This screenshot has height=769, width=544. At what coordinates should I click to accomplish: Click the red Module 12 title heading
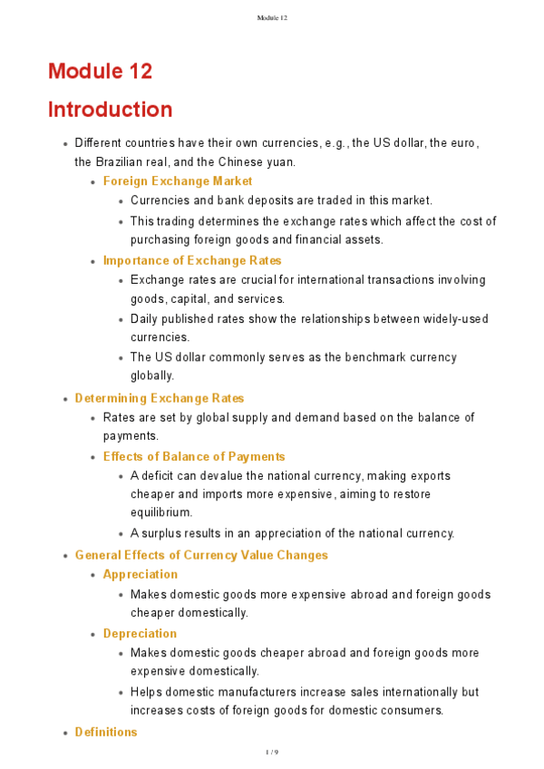(100, 71)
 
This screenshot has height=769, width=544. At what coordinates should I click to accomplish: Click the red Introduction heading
(110, 110)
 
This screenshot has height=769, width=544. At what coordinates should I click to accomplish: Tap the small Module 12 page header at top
(272, 17)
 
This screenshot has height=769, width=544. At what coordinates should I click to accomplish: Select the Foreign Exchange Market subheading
(178, 181)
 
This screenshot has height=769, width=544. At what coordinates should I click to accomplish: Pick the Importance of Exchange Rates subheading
(192, 260)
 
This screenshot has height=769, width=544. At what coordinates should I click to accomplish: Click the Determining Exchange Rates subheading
(160, 398)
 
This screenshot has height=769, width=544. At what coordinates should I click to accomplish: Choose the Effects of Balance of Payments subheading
(194, 456)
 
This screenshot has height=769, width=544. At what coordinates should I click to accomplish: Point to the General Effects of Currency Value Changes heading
(201, 555)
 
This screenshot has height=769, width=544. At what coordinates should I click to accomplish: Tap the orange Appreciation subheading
(141, 574)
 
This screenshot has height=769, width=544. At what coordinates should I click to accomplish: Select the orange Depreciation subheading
(140, 633)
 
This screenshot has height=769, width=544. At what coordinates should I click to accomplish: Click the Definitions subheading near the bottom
(106, 732)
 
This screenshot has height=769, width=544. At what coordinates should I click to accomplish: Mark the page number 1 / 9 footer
(272, 753)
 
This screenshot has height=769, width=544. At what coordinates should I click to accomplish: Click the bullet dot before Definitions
(65, 733)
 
